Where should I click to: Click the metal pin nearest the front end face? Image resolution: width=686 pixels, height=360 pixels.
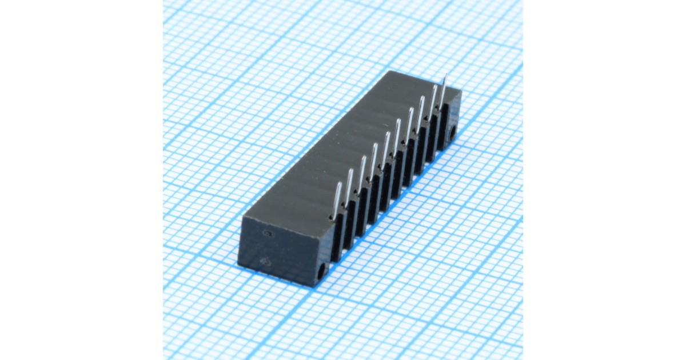(337, 200)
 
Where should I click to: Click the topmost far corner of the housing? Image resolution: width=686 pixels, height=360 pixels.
(390, 71)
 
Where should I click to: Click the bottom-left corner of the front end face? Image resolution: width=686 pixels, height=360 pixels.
(238, 265)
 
